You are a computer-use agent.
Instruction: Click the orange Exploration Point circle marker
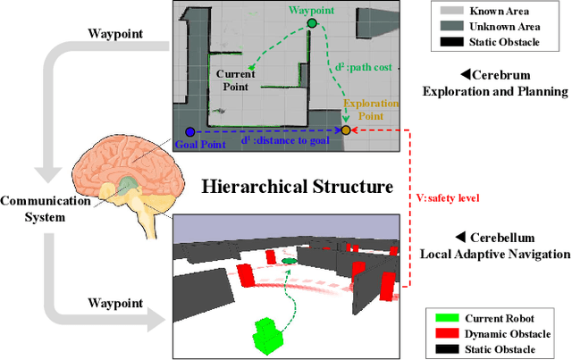coord(346,130)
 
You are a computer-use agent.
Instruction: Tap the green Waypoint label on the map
coord(310,11)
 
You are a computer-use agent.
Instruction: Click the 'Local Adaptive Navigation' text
coord(494,254)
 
